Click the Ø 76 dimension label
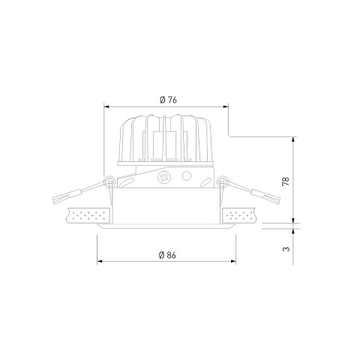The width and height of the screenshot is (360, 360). click(x=168, y=100)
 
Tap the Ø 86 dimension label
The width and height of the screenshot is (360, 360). click(x=167, y=255)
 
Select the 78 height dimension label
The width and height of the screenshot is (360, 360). click(x=286, y=181)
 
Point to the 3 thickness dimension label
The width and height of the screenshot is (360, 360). click(x=286, y=249)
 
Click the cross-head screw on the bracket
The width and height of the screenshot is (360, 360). click(x=164, y=178)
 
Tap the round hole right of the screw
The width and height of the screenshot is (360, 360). click(x=186, y=176)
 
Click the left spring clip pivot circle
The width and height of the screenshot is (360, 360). click(x=109, y=181)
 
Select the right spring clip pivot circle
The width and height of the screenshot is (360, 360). click(x=222, y=181)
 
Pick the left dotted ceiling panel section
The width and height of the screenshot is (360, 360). click(x=88, y=215)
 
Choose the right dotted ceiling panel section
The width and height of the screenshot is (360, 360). click(x=239, y=215)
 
